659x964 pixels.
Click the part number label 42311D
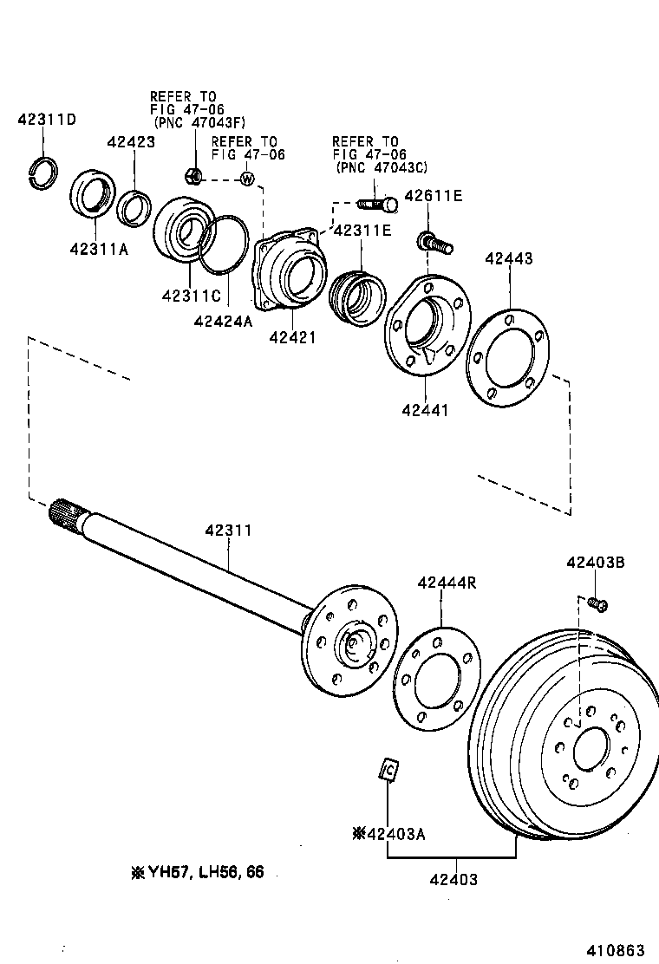point(47,120)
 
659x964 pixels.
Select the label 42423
point(131,142)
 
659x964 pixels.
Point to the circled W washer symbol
point(247,179)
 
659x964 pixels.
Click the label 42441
point(425,409)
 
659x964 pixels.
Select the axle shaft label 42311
point(228,531)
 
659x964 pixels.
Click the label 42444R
point(447,583)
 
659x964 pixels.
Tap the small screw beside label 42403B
point(597,603)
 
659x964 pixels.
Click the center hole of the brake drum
point(591,748)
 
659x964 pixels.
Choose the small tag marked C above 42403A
point(388,769)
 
